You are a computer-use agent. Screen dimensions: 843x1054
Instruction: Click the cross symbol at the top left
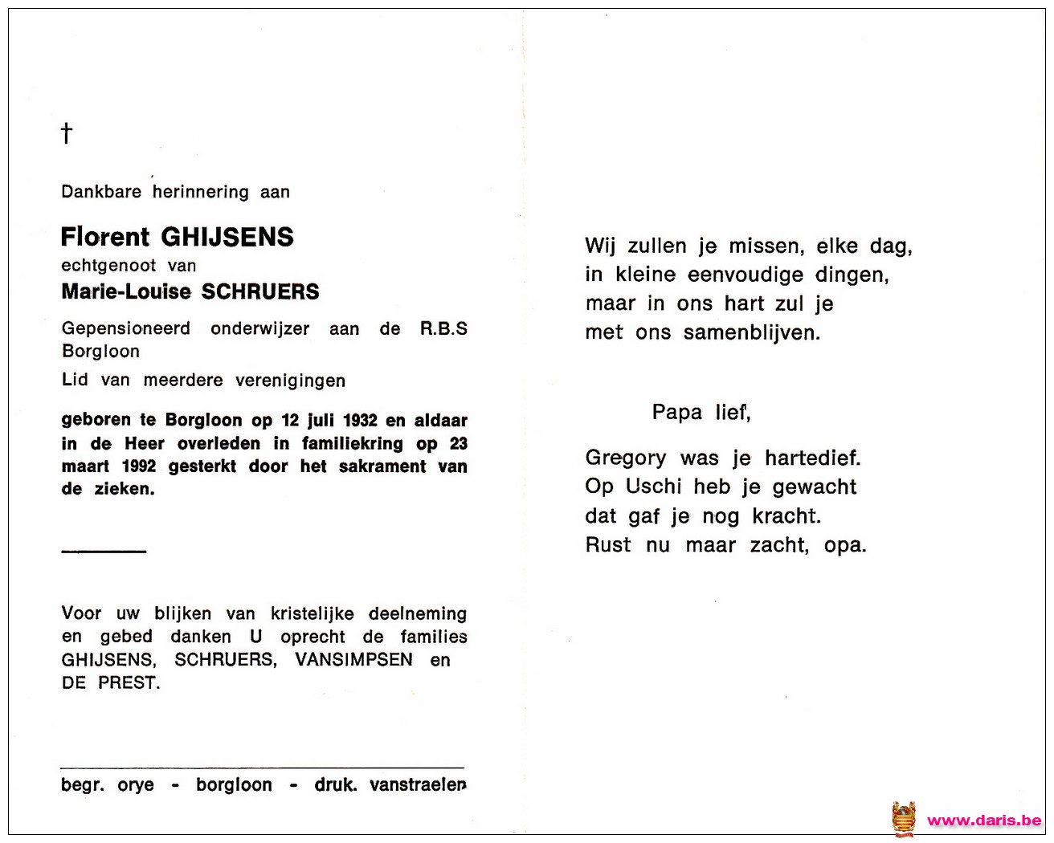[67, 132]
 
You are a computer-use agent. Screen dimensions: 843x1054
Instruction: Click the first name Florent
[105, 237]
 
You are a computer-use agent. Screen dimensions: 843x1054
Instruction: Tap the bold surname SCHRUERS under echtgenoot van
[260, 292]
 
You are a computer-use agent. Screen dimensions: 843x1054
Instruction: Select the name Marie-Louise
[126, 292]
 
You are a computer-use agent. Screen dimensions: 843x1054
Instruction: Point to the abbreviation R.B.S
[443, 328]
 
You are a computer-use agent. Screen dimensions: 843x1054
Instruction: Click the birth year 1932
[360, 421]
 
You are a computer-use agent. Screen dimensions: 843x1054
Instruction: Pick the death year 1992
[139, 466]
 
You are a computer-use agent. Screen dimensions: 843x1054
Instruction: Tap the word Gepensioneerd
[126, 329]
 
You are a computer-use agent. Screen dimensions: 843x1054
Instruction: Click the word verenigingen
[290, 381]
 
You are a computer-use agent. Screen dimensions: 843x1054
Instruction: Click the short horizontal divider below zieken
[104, 551]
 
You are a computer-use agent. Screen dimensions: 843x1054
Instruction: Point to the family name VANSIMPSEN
[353, 660]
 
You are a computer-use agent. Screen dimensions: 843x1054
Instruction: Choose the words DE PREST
[111, 683]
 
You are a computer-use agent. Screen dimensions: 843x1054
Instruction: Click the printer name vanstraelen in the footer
[418, 785]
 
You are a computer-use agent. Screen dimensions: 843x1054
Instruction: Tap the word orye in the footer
[136, 785]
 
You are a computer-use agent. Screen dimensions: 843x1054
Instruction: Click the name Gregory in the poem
[626, 458]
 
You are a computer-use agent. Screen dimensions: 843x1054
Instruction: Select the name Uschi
[654, 487]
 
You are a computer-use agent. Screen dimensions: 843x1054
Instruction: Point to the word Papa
[677, 413]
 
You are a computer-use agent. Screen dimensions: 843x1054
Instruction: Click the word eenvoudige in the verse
[746, 275]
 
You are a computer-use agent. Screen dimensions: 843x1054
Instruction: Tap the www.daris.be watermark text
[984, 821]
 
